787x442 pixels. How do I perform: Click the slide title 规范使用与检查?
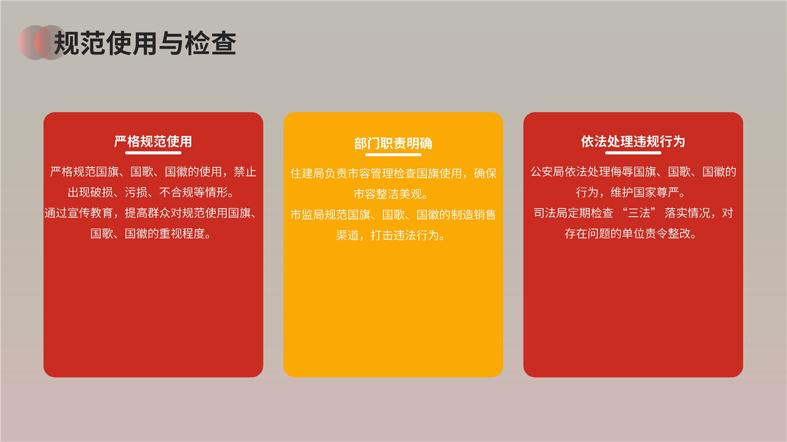coord(144,43)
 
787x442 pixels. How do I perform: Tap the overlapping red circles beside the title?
coord(42,42)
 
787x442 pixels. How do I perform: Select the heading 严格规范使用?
coord(153,142)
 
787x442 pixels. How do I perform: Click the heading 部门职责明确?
coord(393,144)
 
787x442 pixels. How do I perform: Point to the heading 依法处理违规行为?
coord(633,142)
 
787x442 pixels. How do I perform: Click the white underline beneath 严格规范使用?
coord(153,153)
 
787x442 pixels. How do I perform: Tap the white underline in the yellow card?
coord(393,155)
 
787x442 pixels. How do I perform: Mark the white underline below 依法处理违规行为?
coord(633,153)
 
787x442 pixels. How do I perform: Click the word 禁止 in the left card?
coord(245,172)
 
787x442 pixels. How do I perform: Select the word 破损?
coord(102,192)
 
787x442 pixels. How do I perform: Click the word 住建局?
coord(307,173)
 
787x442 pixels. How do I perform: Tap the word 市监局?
coord(307,215)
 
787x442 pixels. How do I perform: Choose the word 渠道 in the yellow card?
coord(347,235)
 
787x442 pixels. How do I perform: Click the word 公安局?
coord(547,172)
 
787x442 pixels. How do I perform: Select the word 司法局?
coord(551,213)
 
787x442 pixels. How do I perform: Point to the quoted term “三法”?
coord(639,213)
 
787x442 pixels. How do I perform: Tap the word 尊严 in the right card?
coord(668,192)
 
